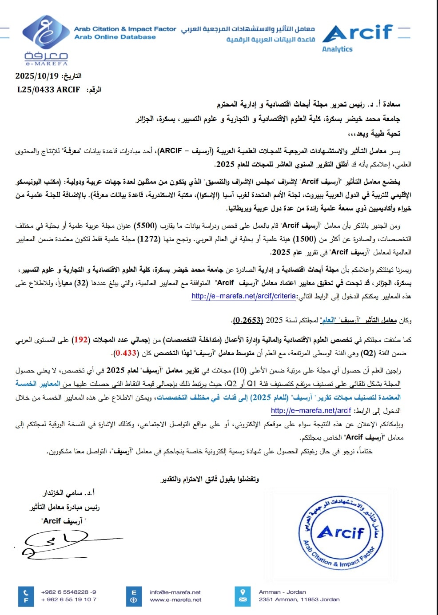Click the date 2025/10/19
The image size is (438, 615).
37,76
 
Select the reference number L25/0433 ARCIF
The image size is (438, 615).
48,90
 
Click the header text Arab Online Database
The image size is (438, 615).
115,37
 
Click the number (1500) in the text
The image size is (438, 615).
306,239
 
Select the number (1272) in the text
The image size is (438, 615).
148,239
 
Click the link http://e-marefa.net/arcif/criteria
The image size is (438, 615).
243,296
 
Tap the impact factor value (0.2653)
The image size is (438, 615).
248,320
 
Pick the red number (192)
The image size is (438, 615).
81,340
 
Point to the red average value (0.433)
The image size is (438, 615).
125,353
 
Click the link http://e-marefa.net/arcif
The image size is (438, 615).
311,411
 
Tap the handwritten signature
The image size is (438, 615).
53,544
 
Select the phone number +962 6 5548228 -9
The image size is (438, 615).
68,592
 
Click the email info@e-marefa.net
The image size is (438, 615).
175,592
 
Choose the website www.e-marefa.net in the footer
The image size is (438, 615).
175,599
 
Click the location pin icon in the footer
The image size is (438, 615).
243,592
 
